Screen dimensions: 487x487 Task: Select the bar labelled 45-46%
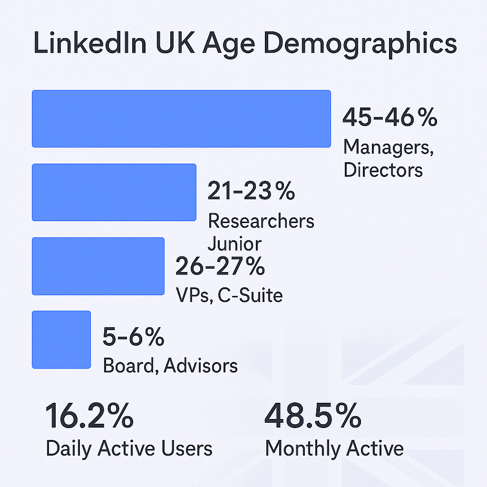[181, 118]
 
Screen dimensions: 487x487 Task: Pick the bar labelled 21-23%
[114, 192]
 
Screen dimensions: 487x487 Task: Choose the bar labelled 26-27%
[98, 266]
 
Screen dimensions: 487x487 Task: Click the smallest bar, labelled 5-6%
[61, 340]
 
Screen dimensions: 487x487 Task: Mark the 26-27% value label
[220, 266]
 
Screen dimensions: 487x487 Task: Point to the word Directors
[383, 170]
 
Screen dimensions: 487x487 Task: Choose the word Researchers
[261, 221]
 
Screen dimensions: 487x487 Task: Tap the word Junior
[234, 244]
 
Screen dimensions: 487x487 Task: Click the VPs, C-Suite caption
[229, 295]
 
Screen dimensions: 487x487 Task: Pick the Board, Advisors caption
[170, 366]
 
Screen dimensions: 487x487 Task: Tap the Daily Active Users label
[129, 448]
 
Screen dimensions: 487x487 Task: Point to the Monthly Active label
[334, 448]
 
